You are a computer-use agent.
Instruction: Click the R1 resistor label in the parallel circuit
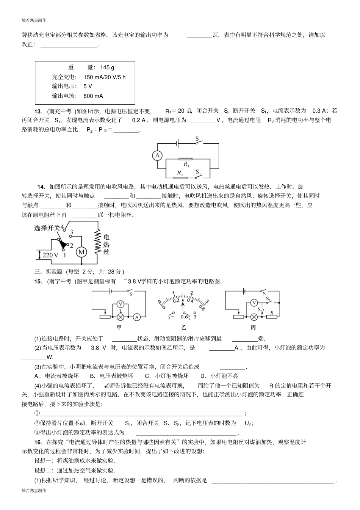pyautogui.click(x=186, y=164)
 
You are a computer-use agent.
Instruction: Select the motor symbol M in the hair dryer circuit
pyautogui.click(x=81, y=252)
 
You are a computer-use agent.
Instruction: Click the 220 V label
pyautogui.click(x=50, y=255)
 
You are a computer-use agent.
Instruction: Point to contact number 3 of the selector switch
pyautogui.click(x=72, y=232)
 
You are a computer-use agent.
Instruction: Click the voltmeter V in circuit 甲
pyautogui.click(x=120, y=304)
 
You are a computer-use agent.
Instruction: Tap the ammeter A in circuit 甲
pyautogui.click(x=138, y=317)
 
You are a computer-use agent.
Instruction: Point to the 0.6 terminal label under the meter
pyautogui.click(x=185, y=317)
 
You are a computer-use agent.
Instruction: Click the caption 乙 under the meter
pyautogui.click(x=184, y=328)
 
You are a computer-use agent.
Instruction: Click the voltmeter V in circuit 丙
pyautogui.click(x=254, y=303)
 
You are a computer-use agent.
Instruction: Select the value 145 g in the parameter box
pyautogui.click(x=107, y=67)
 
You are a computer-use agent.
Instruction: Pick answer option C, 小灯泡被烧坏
pyautogui.click(x=167, y=376)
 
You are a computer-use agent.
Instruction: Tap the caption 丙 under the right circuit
pyautogui.click(x=253, y=328)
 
